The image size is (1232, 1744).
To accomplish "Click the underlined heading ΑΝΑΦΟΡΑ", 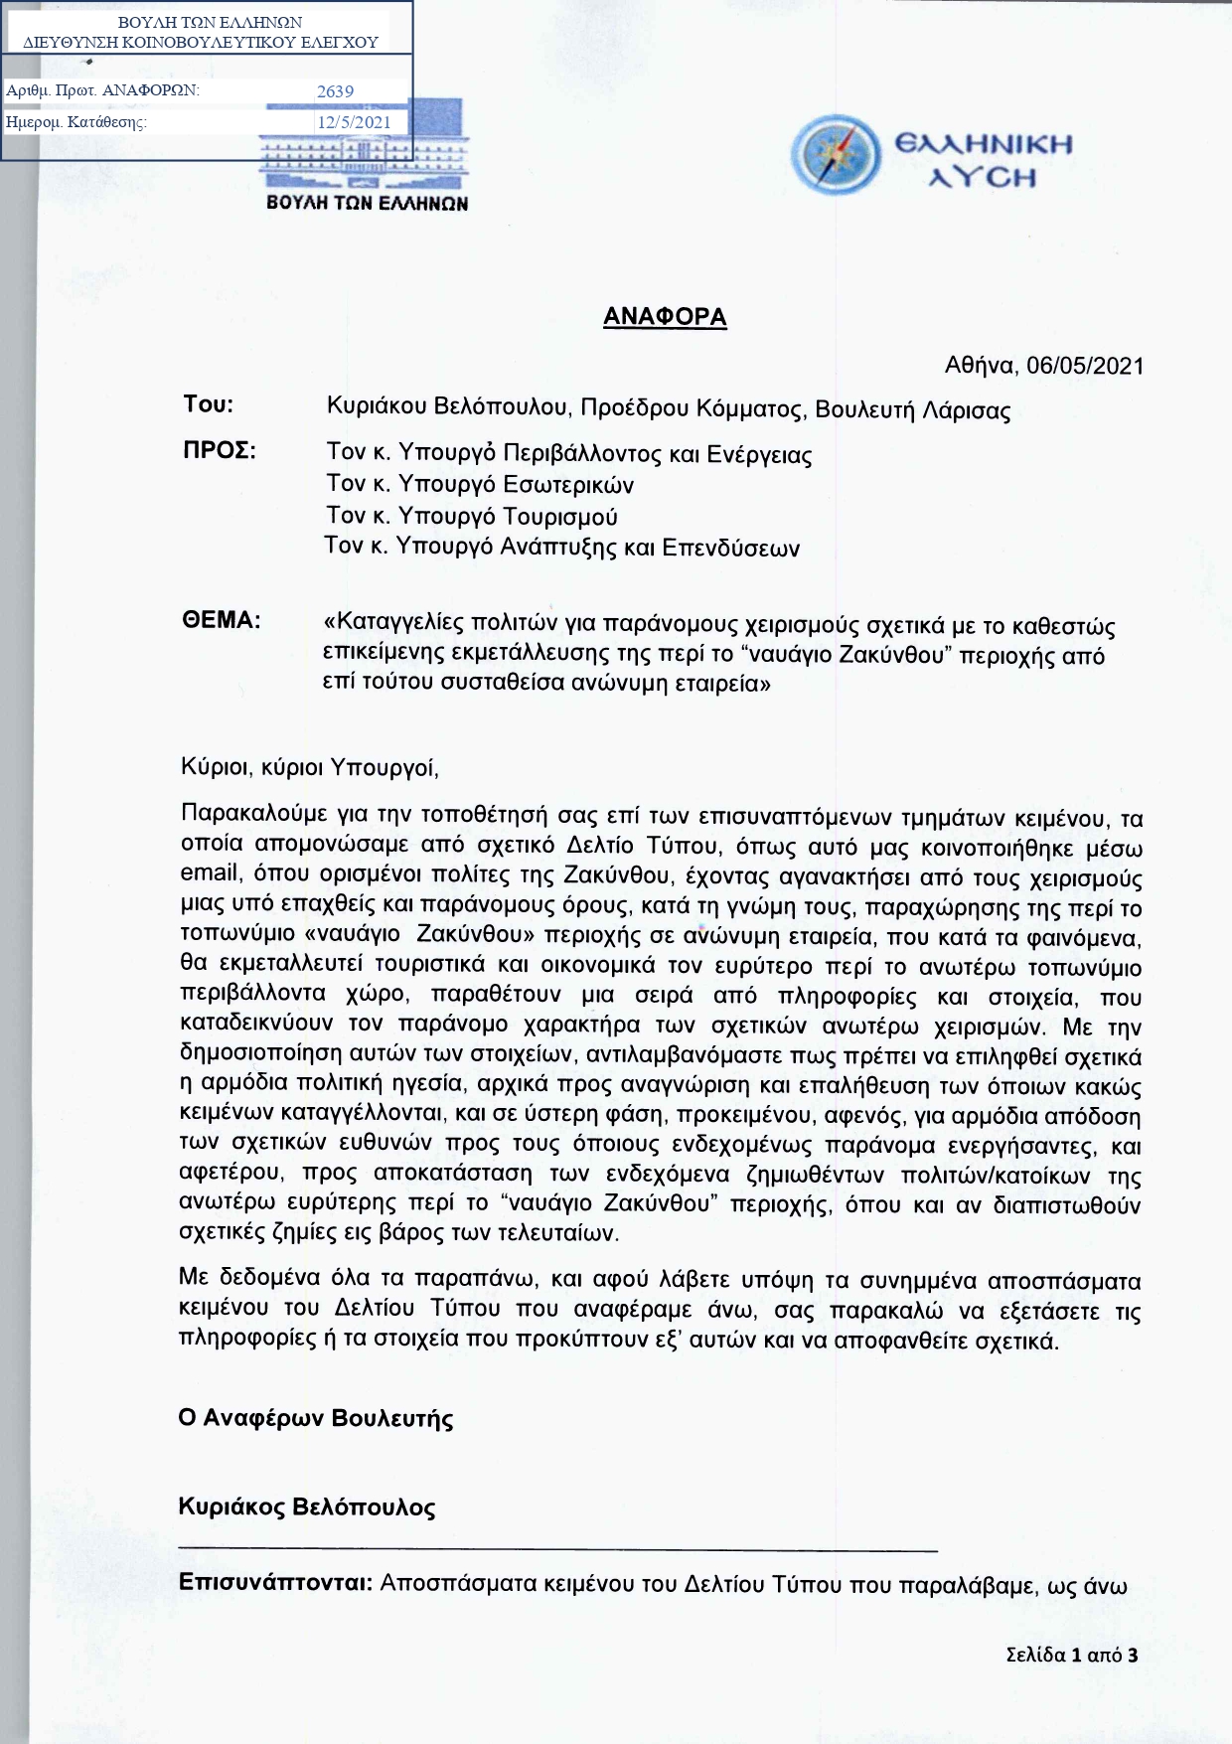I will pos(665,317).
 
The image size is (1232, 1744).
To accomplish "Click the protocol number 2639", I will pos(335,91).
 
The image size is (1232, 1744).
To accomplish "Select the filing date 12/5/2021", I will pos(354,122).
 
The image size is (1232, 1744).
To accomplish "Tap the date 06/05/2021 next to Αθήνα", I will pos(1085,366).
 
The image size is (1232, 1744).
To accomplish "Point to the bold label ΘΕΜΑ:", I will pos(221,621).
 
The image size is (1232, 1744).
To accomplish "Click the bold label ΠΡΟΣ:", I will pos(219,450).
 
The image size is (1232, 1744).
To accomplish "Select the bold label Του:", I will pos(208,404).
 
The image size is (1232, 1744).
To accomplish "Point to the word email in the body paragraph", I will pos(211,872).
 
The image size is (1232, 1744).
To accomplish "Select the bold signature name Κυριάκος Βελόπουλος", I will pos(307,1506).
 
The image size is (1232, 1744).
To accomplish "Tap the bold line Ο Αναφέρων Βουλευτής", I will pos(316,1418).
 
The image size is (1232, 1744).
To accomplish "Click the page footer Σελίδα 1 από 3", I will pos(1071,1655).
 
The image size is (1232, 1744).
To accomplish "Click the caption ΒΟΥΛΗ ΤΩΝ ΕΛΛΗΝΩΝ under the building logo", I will pos(367,203).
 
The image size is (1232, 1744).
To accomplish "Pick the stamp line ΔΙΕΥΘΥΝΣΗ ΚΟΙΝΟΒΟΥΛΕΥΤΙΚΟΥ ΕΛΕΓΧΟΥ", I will pos(201,43).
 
